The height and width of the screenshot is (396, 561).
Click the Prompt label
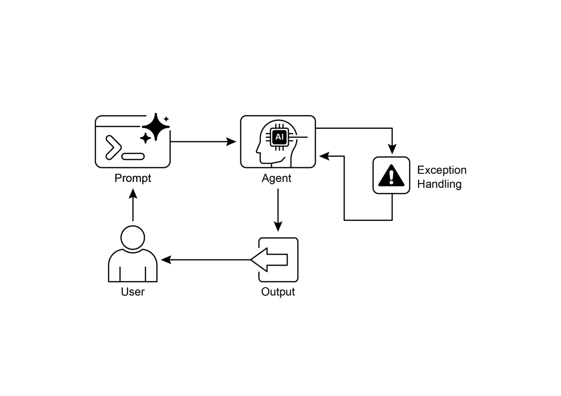click(x=133, y=178)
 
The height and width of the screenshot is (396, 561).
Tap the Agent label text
click(x=276, y=178)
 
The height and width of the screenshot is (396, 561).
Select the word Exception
click(x=441, y=170)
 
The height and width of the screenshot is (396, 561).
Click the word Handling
click(x=439, y=184)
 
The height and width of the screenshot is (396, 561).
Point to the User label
click(x=133, y=292)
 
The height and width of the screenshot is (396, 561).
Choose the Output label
click(x=278, y=292)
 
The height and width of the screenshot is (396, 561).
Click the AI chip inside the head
click(x=279, y=137)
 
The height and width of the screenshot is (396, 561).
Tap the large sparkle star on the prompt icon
click(x=156, y=126)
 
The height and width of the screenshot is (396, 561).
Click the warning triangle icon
click(x=391, y=176)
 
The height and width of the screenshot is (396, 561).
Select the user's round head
click(x=133, y=238)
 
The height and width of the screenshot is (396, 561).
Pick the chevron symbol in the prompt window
click(x=113, y=147)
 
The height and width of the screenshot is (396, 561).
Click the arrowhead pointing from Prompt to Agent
click(x=232, y=141)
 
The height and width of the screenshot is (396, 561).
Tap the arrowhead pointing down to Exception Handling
click(x=392, y=149)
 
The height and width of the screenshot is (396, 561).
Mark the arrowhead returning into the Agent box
click(x=324, y=156)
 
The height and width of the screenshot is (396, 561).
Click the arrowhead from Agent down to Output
click(x=278, y=227)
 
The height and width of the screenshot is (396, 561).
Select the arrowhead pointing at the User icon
click(x=166, y=260)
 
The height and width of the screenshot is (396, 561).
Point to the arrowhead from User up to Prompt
click(x=133, y=194)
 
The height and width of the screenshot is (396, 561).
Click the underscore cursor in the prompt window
click(x=133, y=157)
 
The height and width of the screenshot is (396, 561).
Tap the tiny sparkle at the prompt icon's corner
click(x=166, y=119)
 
